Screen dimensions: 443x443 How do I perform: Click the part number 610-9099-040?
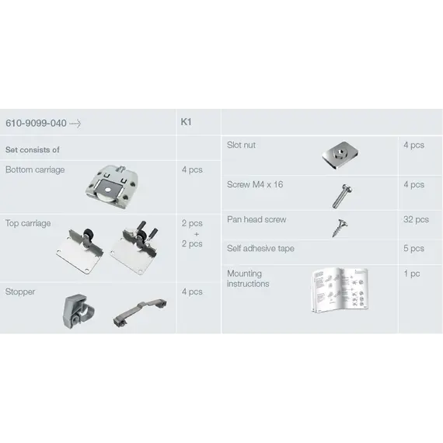pyautogui.click(x=36, y=123)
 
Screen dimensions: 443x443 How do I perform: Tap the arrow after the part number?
pyautogui.click(x=75, y=124)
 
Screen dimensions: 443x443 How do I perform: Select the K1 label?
pyautogui.click(x=187, y=122)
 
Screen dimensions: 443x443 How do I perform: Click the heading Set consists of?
pyautogui.click(x=33, y=150)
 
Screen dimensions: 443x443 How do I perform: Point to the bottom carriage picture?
pyautogui.click(x=112, y=187)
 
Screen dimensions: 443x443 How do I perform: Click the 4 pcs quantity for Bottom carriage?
pyautogui.click(x=192, y=169)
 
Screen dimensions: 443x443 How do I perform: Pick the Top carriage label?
pyautogui.click(x=28, y=223)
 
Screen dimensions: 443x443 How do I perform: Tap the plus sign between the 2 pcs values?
pyautogui.click(x=197, y=234)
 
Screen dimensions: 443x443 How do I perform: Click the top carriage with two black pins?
pyautogui.click(x=134, y=247)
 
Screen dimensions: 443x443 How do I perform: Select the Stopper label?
pyautogui.click(x=20, y=291)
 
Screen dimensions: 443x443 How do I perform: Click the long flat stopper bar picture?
pyautogui.click(x=140, y=312)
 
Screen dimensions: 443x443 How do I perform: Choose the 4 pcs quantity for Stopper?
pyautogui.click(x=192, y=291)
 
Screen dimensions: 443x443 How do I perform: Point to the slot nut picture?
pyautogui.click(x=340, y=155)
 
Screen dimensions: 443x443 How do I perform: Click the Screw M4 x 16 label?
pyautogui.click(x=255, y=184)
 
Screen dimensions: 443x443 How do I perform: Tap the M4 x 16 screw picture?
pyautogui.click(x=342, y=196)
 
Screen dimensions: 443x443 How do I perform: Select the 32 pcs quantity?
pyautogui.click(x=416, y=219)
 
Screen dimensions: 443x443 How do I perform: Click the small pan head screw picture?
pyautogui.click(x=340, y=228)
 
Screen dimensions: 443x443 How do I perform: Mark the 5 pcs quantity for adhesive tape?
pyautogui.click(x=414, y=249)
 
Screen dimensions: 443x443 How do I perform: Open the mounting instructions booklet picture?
pyautogui.click(x=340, y=290)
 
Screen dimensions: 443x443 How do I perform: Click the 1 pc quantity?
pyautogui.click(x=412, y=274)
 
